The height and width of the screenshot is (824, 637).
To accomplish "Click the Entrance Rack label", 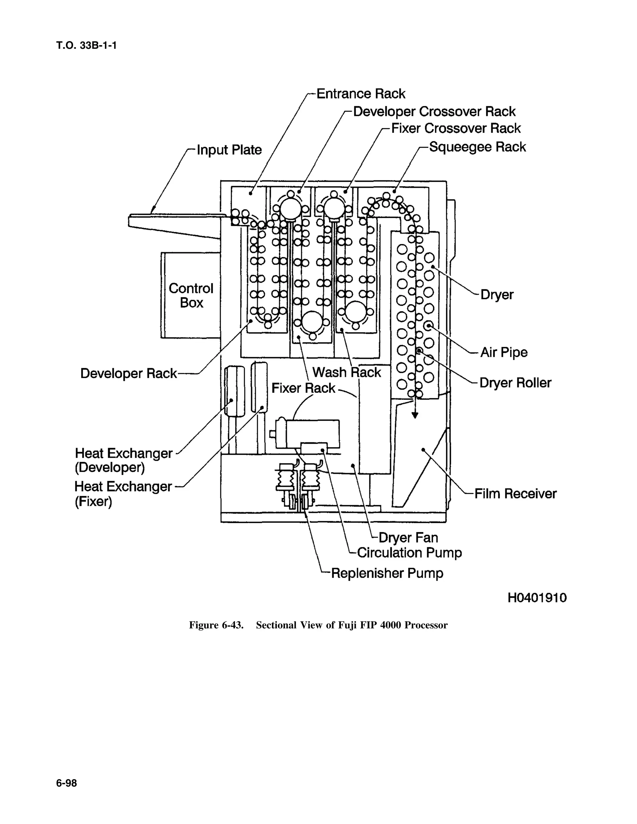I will pyautogui.click(x=360, y=94).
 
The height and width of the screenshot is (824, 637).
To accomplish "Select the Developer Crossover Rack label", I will pyautogui.click(x=434, y=112).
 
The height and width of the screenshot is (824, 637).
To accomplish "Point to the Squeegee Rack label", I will pyautogui.click(x=477, y=147).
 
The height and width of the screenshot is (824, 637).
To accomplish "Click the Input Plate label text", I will pyautogui.click(x=229, y=150).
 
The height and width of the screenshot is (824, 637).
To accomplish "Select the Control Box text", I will pyautogui.click(x=191, y=295).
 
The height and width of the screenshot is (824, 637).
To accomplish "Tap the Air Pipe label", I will pyautogui.click(x=504, y=352).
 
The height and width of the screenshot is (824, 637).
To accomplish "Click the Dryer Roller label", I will pyautogui.click(x=515, y=383).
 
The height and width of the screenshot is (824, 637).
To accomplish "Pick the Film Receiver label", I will pyautogui.click(x=515, y=493).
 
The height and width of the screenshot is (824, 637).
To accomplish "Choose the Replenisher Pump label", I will pyautogui.click(x=387, y=573).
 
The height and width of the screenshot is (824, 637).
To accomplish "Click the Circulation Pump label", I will pyautogui.click(x=409, y=553).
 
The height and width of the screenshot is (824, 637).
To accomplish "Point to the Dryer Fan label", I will pyautogui.click(x=408, y=537).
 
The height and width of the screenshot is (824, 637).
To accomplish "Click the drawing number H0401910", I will pyautogui.click(x=537, y=598).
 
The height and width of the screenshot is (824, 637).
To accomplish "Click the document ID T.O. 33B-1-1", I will pyautogui.click(x=86, y=46).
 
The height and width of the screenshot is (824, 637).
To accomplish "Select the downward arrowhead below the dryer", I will pyautogui.click(x=415, y=415).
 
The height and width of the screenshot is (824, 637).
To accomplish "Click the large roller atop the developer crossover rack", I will pyautogui.click(x=290, y=209).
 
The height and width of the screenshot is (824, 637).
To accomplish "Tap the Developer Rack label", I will pyautogui.click(x=128, y=373).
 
